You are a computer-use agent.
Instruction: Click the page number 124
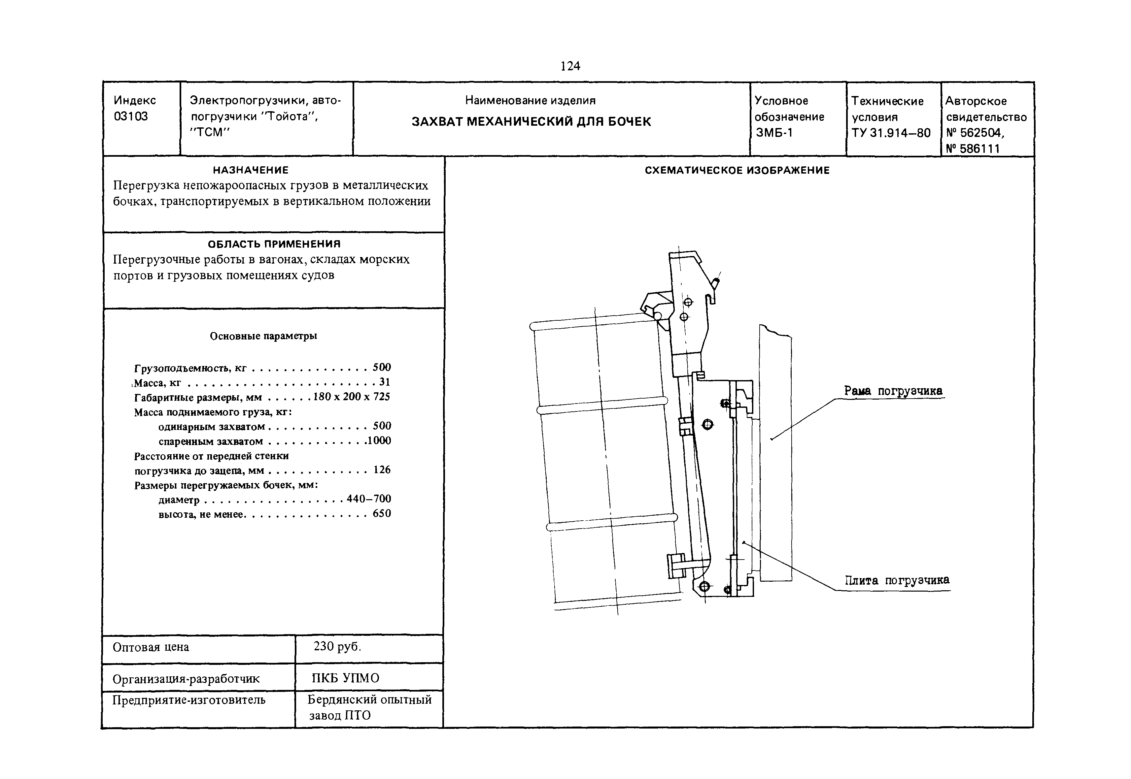(x=570, y=66)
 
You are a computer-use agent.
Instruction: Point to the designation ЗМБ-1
(x=774, y=133)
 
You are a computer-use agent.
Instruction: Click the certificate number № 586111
(x=973, y=149)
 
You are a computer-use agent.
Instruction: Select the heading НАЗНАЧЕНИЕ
(x=251, y=170)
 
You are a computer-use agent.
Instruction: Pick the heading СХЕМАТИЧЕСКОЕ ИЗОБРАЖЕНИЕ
(x=737, y=170)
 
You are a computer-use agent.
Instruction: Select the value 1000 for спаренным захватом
(x=379, y=441)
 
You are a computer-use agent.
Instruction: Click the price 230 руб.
(x=337, y=647)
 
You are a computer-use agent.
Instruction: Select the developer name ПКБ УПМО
(x=346, y=678)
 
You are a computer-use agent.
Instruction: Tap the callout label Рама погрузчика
(x=893, y=391)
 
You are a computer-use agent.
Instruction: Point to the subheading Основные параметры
(x=263, y=336)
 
